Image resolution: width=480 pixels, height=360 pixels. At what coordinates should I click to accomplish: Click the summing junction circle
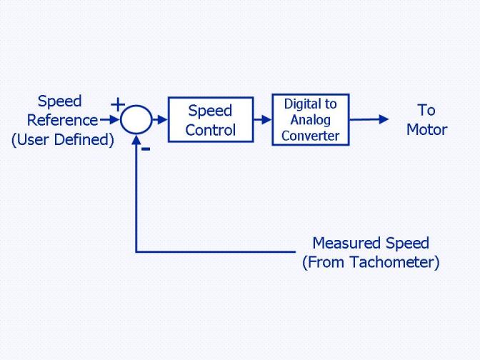click(x=136, y=105)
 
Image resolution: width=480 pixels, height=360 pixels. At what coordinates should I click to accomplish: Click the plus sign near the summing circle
click(x=118, y=105)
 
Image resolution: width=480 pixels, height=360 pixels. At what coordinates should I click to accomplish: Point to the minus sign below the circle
click(x=146, y=149)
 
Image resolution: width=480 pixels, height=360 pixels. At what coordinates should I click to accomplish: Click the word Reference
click(x=62, y=120)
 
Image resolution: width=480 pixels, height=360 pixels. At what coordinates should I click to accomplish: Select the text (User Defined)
click(x=63, y=140)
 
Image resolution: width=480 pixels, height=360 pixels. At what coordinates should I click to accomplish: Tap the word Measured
click(x=347, y=243)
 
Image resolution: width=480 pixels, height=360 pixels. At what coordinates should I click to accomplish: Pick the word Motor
click(x=426, y=129)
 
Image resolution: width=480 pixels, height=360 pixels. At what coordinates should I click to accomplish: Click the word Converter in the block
click(x=311, y=136)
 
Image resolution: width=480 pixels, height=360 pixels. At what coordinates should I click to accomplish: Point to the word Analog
click(x=311, y=120)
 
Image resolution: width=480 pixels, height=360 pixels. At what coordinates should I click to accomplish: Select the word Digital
click(x=303, y=104)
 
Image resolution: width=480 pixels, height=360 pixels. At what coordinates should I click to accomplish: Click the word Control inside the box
click(x=210, y=130)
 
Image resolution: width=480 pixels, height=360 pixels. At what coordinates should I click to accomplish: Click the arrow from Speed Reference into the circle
click(x=109, y=120)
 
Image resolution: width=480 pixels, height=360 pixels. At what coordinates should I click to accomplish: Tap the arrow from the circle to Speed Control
click(x=160, y=120)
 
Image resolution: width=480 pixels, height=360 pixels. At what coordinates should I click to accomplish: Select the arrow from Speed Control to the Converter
click(x=263, y=120)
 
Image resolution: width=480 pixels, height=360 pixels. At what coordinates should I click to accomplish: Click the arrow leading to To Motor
click(x=369, y=119)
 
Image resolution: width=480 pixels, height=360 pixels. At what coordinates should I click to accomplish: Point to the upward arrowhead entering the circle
click(x=136, y=139)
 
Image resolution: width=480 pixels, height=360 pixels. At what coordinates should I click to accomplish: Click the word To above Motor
click(x=426, y=110)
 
